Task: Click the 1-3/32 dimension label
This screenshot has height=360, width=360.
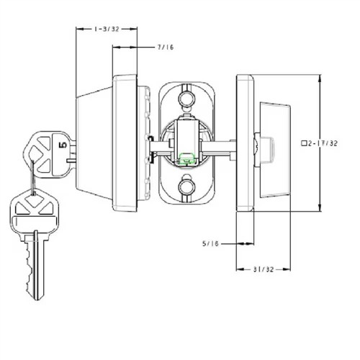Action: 107,29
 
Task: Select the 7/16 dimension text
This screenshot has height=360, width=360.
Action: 166,47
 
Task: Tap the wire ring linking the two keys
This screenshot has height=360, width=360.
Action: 32,173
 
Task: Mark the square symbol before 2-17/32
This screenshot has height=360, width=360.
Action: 305,144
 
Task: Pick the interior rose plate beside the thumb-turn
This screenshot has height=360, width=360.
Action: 245,143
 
